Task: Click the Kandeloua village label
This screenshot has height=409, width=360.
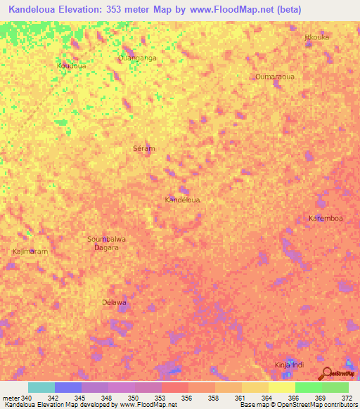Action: (182, 200)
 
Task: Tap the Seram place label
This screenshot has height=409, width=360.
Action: (143, 148)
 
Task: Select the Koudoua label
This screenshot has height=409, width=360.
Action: (71, 65)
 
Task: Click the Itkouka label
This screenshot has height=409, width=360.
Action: (317, 37)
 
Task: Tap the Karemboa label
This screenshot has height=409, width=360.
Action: (326, 219)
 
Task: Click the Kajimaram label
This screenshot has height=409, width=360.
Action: (30, 251)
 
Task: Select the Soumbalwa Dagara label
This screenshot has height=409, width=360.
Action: (106, 243)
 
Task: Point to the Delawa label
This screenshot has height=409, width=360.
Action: (114, 302)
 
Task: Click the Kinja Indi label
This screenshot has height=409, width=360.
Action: (289, 365)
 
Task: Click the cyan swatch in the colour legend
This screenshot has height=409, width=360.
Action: (41, 387)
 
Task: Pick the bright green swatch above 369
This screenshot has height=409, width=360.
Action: (309, 387)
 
